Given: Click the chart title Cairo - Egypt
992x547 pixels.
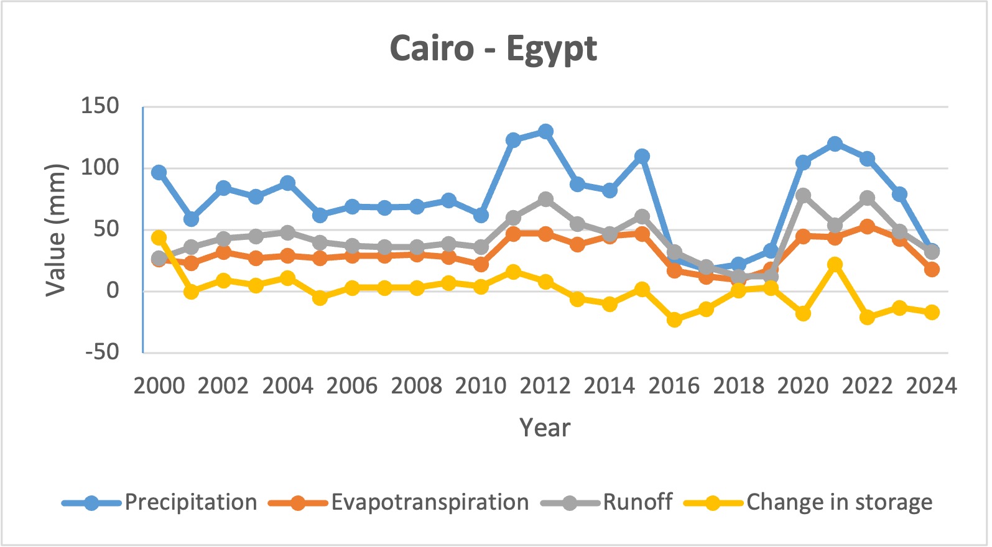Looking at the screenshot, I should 493,49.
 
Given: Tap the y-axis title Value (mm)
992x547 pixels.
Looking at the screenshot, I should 55,230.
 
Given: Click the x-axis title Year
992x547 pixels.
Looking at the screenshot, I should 544,428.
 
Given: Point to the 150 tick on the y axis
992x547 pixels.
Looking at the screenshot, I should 100,106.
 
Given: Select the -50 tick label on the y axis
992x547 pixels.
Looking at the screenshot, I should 102,352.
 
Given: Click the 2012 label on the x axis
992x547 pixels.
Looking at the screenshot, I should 545,386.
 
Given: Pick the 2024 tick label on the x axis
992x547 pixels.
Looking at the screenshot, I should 931,386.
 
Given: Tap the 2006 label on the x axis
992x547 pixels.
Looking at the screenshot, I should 352,386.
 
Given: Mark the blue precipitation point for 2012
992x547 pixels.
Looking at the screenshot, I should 545,132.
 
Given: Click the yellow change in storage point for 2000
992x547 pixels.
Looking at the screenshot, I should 159,238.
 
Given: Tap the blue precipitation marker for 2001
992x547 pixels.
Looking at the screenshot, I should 191,219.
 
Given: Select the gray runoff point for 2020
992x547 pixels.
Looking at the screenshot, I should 803,196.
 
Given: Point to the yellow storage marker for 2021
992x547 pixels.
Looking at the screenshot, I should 835,265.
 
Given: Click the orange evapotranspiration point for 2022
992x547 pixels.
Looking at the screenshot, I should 867,227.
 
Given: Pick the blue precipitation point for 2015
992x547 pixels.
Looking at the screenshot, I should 642,156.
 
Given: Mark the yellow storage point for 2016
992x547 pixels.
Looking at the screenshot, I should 674,319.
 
